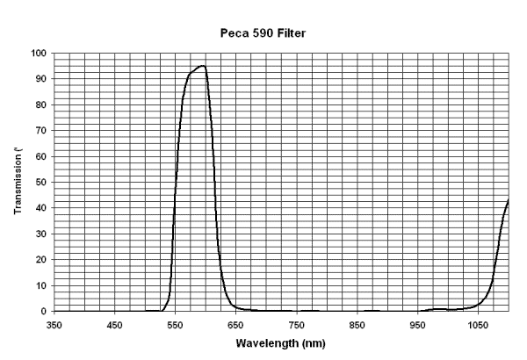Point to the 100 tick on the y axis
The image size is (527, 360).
40,54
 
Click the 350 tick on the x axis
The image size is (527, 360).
54,323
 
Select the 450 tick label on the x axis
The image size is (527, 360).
115,323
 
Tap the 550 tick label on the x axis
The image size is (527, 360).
176,323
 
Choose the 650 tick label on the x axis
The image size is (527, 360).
236,323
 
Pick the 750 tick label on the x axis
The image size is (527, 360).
297,323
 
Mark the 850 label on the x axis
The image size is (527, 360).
357,323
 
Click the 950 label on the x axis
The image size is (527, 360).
418,323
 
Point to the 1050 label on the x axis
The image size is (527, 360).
477,323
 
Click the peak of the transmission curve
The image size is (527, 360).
202,66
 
